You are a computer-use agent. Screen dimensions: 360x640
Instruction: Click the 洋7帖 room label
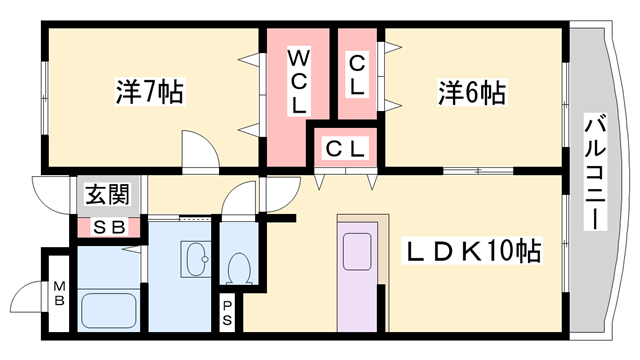(148, 93)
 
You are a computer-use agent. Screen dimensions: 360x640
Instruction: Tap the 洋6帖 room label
(469, 93)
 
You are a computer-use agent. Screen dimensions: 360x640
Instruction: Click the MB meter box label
(59, 294)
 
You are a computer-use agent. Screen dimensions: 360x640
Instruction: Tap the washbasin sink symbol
(196, 263)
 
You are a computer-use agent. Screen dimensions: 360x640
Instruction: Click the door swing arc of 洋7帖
(199, 149)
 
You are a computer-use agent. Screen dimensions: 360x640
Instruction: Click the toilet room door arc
(238, 200)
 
